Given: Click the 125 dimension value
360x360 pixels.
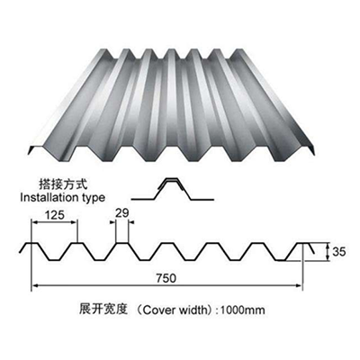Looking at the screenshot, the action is point(54,215).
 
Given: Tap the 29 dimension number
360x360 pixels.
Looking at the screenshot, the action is point(121,213).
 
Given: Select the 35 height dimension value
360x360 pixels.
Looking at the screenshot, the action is point(339,251).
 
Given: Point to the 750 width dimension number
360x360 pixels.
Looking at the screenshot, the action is point(166,278).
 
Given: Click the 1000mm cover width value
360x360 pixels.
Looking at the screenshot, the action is point(243,310).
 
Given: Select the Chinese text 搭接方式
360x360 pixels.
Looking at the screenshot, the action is point(63,184).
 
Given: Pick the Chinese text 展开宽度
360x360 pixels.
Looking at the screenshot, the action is point(103,309).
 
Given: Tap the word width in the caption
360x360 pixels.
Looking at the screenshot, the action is point(193,310).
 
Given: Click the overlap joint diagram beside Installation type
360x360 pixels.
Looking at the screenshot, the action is point(172,189).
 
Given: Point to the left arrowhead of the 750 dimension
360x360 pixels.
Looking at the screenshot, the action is point(34,285).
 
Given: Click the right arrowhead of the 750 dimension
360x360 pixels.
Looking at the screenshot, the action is point(299,285).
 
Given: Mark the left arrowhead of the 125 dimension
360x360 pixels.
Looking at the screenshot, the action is point(34,222).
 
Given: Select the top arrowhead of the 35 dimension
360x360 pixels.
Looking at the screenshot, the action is point(328,246).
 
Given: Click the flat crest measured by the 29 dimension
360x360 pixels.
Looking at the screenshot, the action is point(121,243).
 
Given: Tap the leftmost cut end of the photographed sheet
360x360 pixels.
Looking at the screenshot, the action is point(30,151).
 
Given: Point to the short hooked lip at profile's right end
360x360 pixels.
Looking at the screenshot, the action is point(310,249).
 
